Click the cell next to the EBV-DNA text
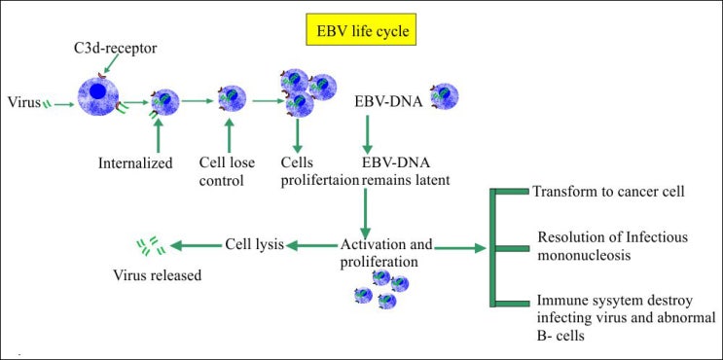click(444, 95)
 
